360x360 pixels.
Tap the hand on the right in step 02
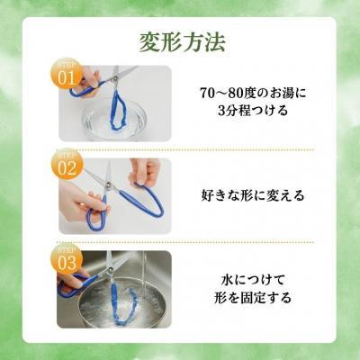click(x=144, y=171)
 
